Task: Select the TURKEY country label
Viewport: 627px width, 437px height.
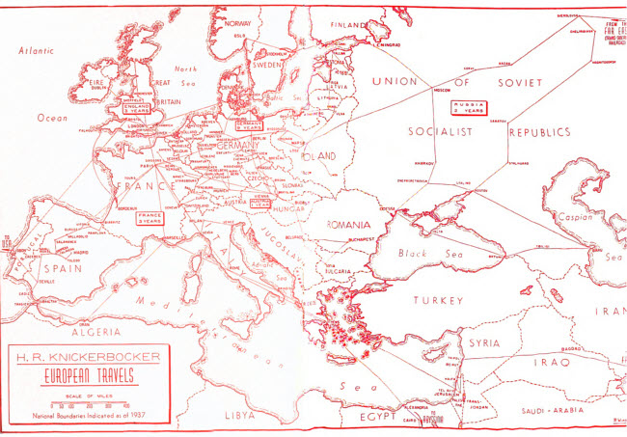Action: coord(440,301)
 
